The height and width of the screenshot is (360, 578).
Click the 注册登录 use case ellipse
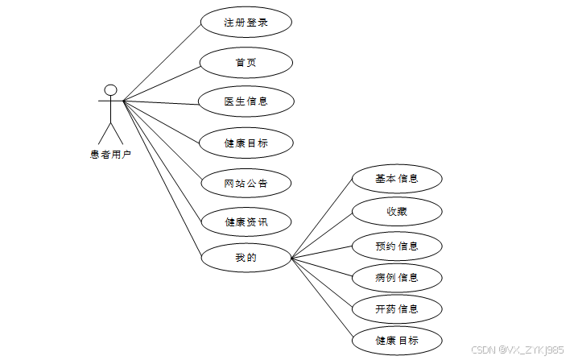click(246, 22)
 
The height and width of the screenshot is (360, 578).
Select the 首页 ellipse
click(246, 62)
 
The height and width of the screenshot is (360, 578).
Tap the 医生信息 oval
click(246, 101)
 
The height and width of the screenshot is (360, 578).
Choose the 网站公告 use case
click(246, 183)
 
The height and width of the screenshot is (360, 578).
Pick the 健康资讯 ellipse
click(246, 222)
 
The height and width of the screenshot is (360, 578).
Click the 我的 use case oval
click(246, 258)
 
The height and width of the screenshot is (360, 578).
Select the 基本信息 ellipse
click(397, 178)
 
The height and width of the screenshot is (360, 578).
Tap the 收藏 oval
click(397, 211)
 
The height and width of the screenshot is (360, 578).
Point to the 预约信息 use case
click(397, 245)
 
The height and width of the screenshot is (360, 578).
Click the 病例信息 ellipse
click(397, 278)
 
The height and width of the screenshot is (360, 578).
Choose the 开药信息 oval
click(397, 308)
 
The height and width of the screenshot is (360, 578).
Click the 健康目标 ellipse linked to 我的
click(397, 340)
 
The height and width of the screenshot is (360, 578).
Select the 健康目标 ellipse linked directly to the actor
click(246, 143)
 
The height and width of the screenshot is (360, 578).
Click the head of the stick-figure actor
click(111, 89)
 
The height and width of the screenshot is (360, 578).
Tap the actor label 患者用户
click(111, 154)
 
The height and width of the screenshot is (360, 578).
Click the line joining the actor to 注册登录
click(161, 61)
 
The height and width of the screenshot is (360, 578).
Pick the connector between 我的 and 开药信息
click(322, 283)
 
